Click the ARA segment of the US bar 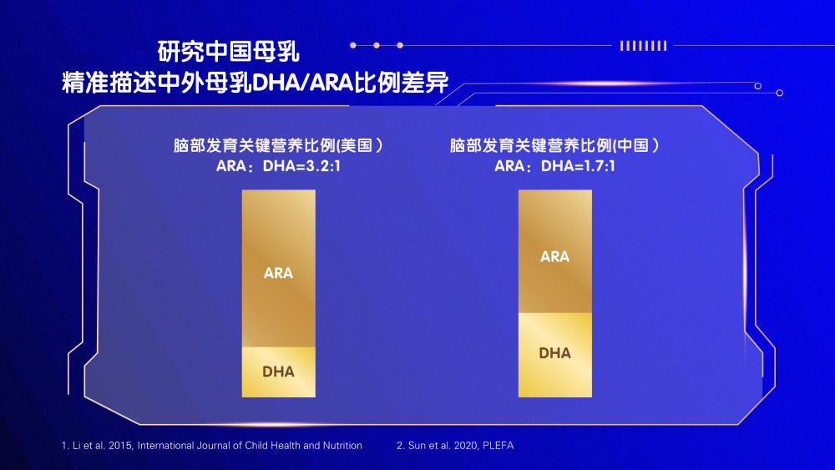click(x=279, y=269)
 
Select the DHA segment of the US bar click(x=279, y=372)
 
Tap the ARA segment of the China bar click(x=555, y=251)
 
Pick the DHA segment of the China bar click(x=555, y=355)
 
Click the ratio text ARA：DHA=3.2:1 click(x=278, y=166)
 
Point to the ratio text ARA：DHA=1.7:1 click(x=554, y=166)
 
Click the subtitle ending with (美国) click(x=278, y=145)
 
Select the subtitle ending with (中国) click(x=554, y=145)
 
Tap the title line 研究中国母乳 click(x=229, y=52)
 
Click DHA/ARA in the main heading click(x=302, y=83)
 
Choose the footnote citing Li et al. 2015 click(x=212, y=446)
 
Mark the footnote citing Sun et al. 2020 click(x=455, y=446)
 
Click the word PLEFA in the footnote click(x=498, y=446)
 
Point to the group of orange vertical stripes click(x=643, y=46)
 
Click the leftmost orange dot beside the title click(x=353, y=45)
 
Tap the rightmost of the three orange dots click(x=400, y=45)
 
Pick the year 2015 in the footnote click(x=119, y=446)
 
